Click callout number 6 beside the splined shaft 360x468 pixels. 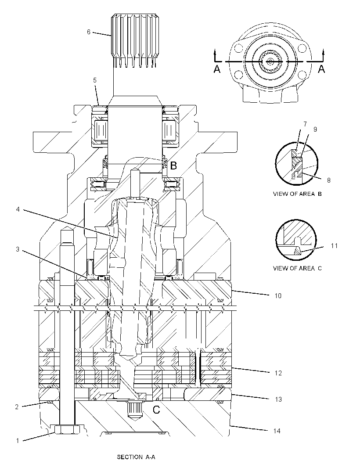[89, 32]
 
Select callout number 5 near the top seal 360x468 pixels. [95, 80]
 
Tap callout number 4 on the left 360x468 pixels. [18, 209]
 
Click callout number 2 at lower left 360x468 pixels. [17, 407]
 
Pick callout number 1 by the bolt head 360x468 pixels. [18, 440]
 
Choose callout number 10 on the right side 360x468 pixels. [278, 296]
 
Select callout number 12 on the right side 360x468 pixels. [278, 373]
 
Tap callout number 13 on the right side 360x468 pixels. [278, 400]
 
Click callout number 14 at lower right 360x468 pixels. [277, 431]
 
